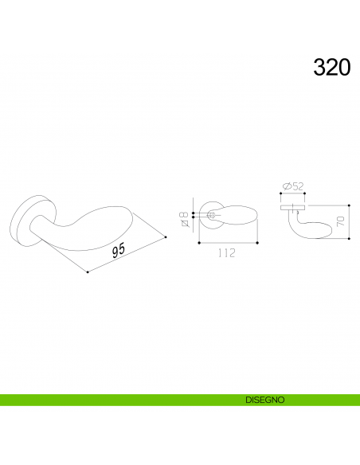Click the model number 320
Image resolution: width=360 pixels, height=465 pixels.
pyautogui.click(x=331, y=67)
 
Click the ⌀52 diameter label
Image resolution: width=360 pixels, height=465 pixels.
pyautogui.click(x=293, y=186)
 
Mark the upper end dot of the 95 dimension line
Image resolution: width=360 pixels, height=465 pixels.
pyautogui.click(x=165, y=238)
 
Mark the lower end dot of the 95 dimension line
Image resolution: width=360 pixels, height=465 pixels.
pyautogui.click(x=86, y=272)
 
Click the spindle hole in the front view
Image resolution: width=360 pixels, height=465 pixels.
pyautogui.click(x=211, y=216)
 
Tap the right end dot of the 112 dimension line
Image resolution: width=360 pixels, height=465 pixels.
pyautogui.click(x=258, y=241)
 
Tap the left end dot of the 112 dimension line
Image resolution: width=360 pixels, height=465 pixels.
pyautogui.click(x=198, y=241)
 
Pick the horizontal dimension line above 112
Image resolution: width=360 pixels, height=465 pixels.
pyautogui.click(x=228, y=241)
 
